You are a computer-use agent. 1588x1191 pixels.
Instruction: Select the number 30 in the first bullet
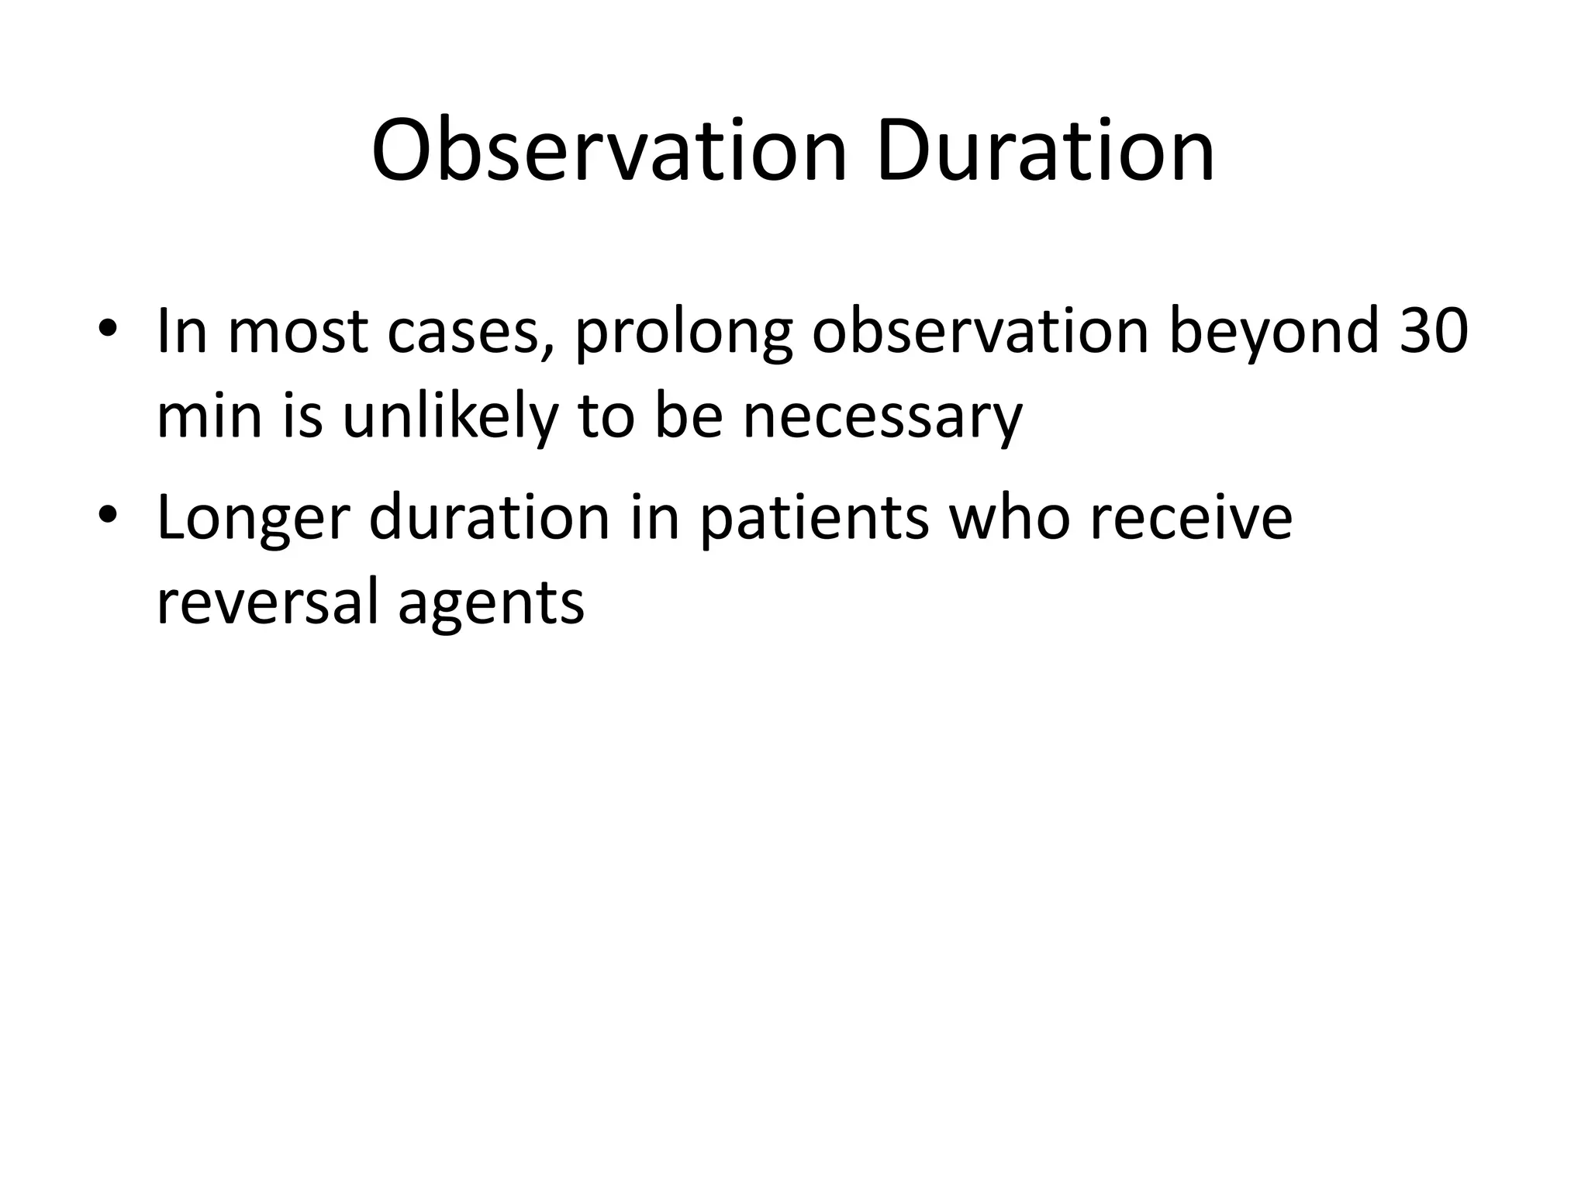pyautogui.click(x=1434, y=331)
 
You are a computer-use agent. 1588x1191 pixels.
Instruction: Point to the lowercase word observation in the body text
pyautogui.click(x=980, y=331)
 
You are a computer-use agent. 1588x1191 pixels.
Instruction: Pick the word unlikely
pyautogui.click(x=450, y=417)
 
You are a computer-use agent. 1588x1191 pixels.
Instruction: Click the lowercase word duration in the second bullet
pyautogui.click(x=489, y=516)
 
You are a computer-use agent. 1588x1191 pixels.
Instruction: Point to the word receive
pyautogui.click(x=1190, y=516)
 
